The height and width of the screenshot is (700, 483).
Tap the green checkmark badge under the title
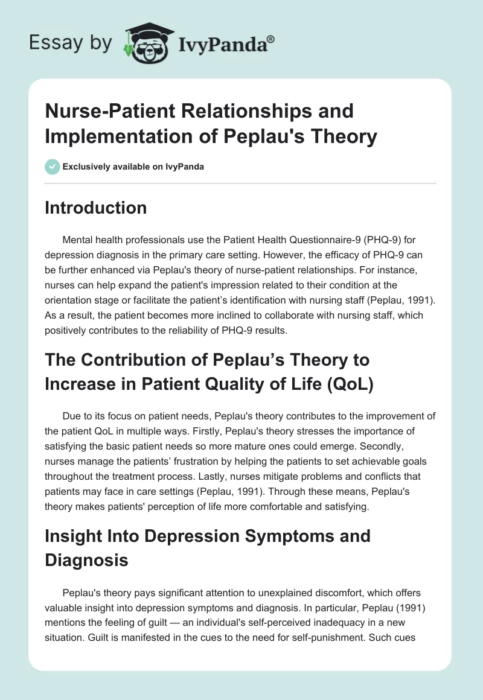point(52,167)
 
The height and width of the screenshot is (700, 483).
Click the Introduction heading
point(96,208)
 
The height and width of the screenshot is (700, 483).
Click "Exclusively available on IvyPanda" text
point(133,167)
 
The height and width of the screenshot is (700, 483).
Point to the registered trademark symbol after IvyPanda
point(271,38)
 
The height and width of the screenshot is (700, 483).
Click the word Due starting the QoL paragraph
point(71,415)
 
